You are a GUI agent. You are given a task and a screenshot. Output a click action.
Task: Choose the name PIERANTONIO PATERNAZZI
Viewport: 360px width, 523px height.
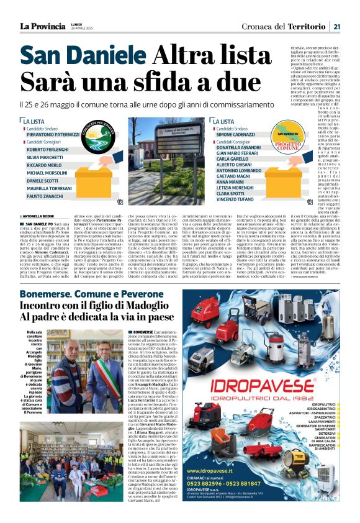(53, 134)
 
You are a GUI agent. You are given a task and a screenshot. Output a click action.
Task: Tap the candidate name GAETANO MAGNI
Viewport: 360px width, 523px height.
(232, 177)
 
